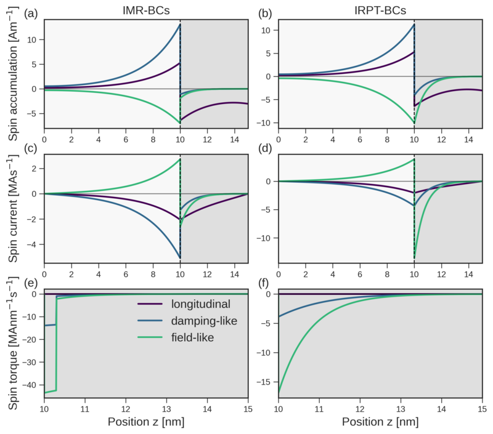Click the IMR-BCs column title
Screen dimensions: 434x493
tap(145, 11)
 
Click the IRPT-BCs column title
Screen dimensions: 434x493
tap(380, 11)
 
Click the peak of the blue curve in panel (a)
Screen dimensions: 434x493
tap(179, 25)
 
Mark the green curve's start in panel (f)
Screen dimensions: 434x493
tap(279, 391)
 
